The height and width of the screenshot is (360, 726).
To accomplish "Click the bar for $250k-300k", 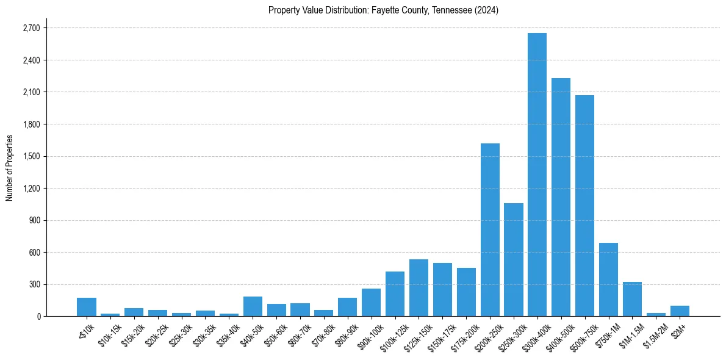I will (x=514, y=259).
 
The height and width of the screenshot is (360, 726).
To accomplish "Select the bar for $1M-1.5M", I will (x=632, y=299).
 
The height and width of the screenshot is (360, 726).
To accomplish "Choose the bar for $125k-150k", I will (x=419, y=288).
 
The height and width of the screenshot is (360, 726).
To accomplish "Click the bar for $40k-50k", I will (x=253, y=306).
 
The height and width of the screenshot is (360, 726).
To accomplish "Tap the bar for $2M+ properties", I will (x=680, y=311).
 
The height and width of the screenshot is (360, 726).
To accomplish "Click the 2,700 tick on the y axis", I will (x=31, y=28).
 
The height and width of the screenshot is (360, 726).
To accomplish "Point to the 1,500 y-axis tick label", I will (x=31, y=156).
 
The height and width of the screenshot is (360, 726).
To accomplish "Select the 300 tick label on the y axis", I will (x=34, y=284).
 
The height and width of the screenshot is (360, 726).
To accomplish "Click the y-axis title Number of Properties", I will (x=9, y=168).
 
